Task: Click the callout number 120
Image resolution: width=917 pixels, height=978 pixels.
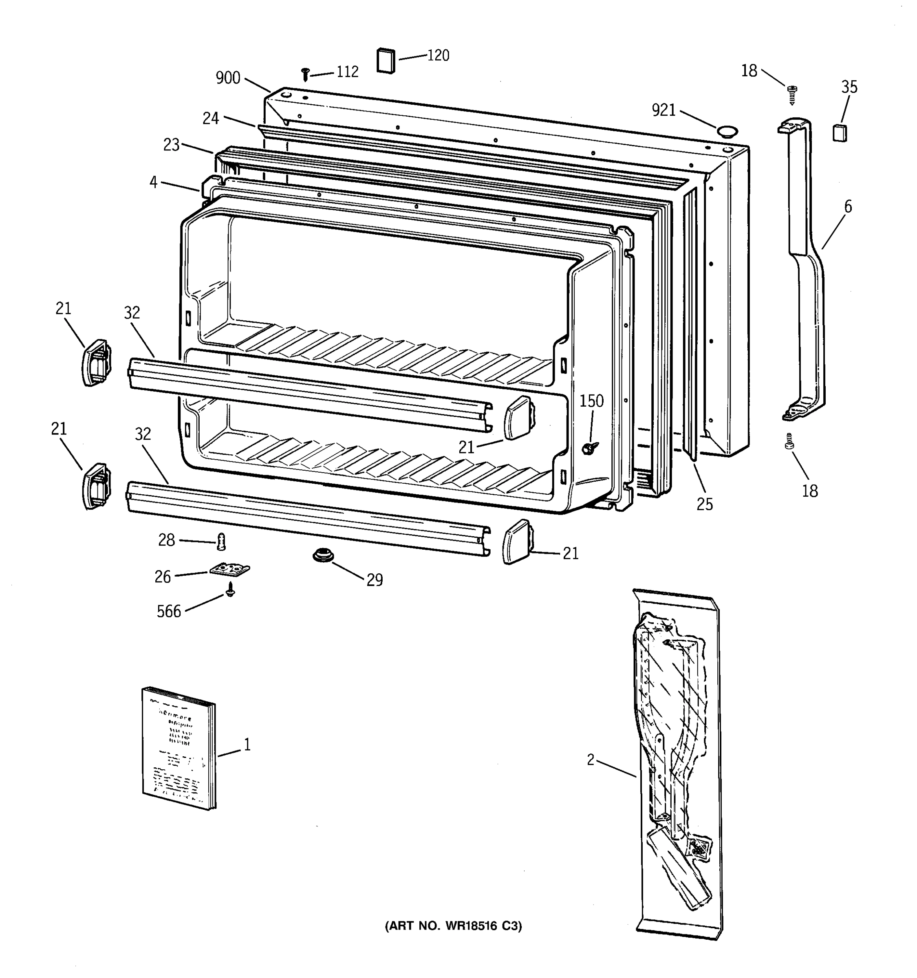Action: click(438, 55)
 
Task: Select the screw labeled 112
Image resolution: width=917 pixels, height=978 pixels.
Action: click(305, 74)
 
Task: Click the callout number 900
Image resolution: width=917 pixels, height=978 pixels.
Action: click(228, 78)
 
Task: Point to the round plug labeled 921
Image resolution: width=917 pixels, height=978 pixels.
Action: click(727, 130)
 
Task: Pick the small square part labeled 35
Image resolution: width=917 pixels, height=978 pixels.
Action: click(840, 133)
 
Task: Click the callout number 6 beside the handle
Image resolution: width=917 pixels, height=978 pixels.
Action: click(848, 207)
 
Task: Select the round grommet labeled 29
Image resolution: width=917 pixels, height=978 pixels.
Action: click(323, 555)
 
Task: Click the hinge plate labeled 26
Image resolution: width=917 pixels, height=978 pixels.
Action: click(229, 570)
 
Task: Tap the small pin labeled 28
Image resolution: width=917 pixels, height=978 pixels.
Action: click(221, 542)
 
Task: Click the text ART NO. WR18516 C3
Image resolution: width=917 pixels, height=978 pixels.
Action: click(453, 926)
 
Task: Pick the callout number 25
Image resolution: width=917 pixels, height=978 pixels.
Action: click(705, 504)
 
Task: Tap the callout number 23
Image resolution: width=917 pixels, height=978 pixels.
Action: click(171, 145)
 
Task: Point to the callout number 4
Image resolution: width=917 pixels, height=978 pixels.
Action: click(154, 182)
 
